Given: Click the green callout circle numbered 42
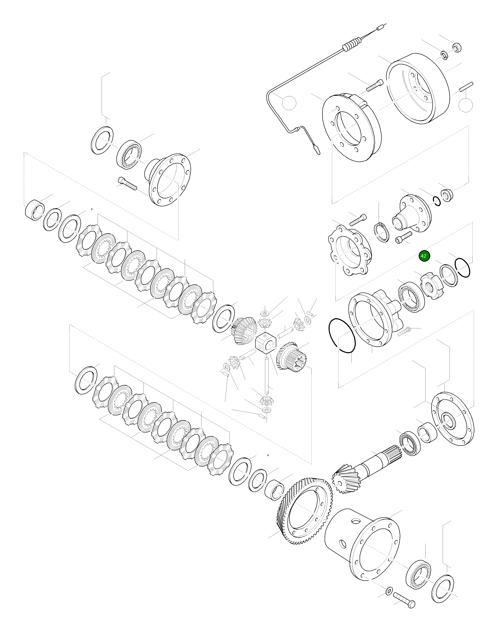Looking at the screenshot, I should (x=424, y=256).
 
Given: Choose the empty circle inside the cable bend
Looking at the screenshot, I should (x=289, y=103).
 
